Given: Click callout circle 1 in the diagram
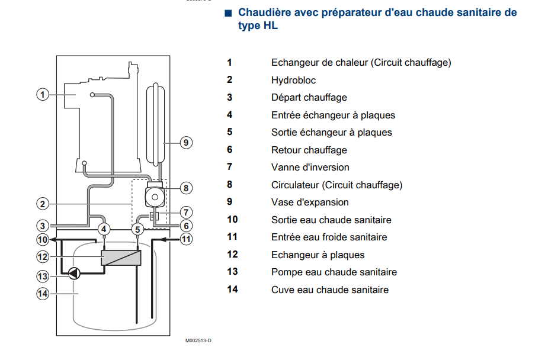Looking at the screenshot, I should [42, 94].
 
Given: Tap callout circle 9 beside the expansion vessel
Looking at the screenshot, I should [186, 142].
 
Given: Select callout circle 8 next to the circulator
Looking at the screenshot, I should [186, 188].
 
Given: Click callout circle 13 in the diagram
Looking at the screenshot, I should [42, 275].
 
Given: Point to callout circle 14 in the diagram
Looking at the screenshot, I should [42, 293].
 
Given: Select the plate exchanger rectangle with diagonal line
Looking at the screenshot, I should [121, 258].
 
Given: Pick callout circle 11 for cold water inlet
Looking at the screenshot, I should [186, 240].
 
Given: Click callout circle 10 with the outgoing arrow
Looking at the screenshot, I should [42, 240].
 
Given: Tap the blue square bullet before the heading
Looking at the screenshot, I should [228, 13].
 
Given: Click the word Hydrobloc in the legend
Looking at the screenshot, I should [293, 80].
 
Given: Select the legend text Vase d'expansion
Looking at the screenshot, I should [310, 202].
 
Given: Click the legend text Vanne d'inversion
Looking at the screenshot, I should [310, 168].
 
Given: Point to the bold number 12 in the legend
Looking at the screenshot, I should [232, 255].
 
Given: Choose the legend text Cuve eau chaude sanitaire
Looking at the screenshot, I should [330, 290].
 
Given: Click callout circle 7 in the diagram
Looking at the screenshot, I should [186, 212].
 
